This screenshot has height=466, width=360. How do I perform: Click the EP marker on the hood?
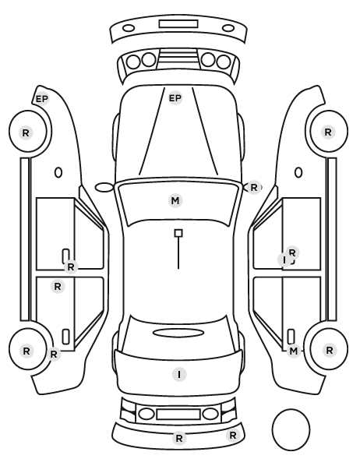(175, 98)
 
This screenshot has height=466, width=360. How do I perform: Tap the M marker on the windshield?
(175, 200)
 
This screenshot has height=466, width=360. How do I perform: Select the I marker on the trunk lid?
(179, 375)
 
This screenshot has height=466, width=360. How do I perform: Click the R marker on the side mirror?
(253, 188)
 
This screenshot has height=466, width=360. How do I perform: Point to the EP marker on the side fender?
(42, 99)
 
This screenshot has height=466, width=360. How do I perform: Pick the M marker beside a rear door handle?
(294, 351)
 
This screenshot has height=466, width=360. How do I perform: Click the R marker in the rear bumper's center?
(179, 438)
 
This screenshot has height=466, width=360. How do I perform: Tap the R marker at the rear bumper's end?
(233, 436)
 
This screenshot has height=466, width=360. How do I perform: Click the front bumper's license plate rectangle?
(178, 24)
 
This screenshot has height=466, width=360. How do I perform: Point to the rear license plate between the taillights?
(178, 414)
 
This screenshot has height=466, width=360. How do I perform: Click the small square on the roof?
(178, 233)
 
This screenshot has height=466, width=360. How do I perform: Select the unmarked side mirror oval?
(104, 188)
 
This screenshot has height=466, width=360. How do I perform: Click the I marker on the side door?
(284, 260)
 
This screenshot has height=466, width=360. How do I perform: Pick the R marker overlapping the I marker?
(292, 253)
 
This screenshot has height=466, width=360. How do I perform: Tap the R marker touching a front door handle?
(70, 267)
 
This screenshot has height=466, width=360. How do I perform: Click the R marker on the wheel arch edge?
(54, 354)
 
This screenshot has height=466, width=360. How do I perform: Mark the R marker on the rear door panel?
(58, 287)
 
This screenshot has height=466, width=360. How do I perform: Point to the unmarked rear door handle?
(65, 337)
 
